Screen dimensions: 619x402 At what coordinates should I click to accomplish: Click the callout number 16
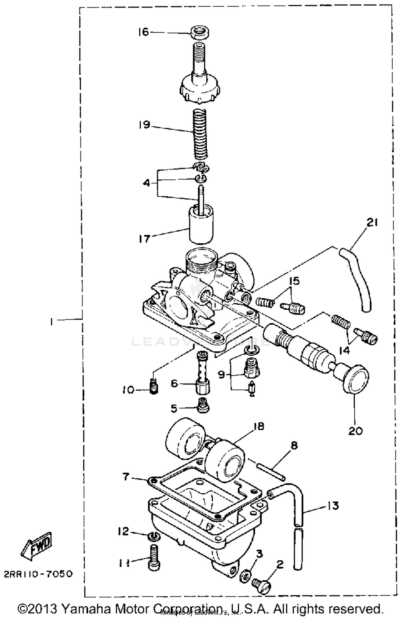tap(143, 32)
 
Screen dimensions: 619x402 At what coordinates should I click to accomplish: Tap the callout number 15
tap(294, 281)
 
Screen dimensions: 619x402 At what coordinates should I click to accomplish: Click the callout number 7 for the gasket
tap(126, 477)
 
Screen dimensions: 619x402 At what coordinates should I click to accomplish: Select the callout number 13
tap(333, 505)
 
